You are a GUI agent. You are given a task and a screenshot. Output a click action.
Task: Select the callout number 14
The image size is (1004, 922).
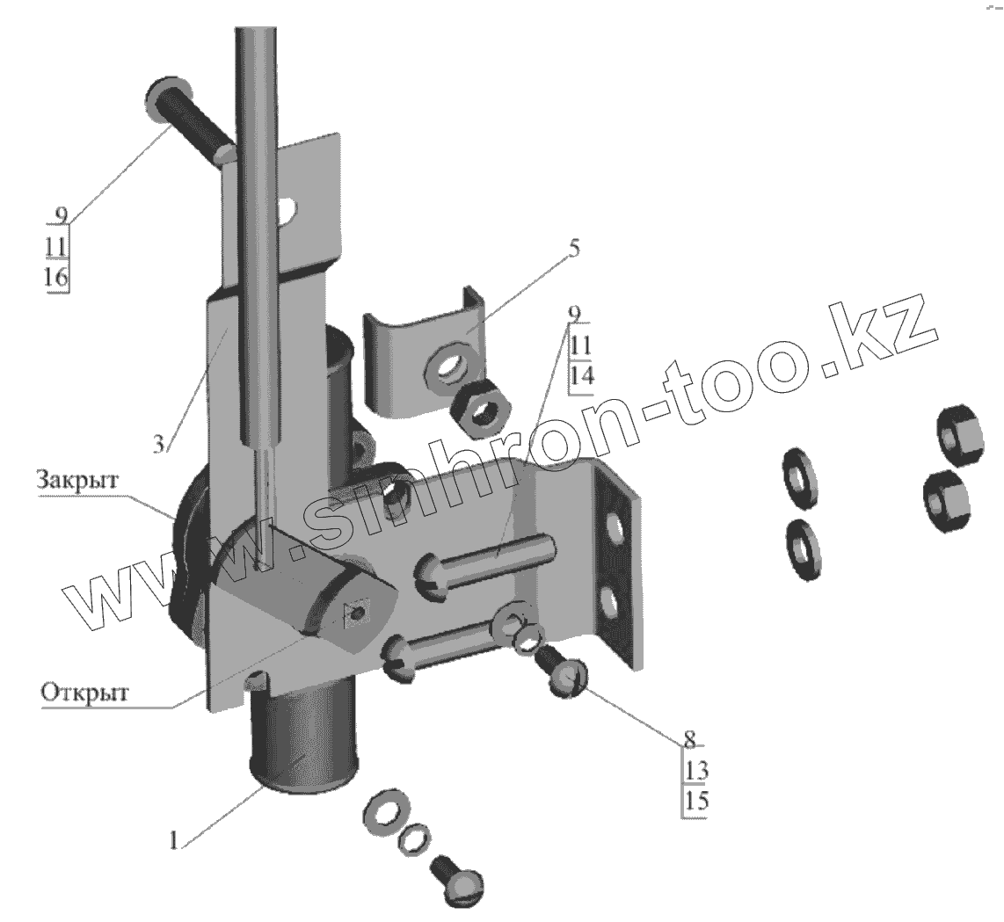pos(582,374)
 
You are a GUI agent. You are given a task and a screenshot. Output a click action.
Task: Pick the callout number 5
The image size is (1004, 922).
pos(572,249)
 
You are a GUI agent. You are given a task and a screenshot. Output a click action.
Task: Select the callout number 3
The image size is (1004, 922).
pos(158,445)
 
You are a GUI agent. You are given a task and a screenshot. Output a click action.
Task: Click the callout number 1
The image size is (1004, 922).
pos(173,840)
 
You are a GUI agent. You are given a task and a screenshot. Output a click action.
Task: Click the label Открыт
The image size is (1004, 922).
pos(84,692)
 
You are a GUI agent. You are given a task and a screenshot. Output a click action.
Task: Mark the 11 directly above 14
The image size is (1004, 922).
pos(580,344)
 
